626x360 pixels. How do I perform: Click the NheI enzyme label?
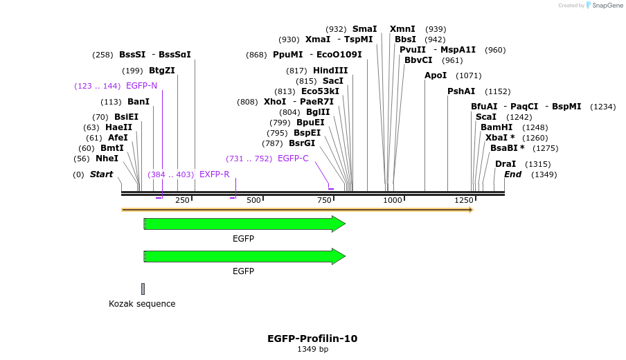107,159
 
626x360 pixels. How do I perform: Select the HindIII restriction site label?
330,71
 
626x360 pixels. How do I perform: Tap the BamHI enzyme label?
497,127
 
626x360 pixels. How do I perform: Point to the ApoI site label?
436,75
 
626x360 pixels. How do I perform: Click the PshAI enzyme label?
461,91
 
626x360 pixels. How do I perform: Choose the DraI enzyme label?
506,164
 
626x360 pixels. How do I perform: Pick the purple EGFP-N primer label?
141,86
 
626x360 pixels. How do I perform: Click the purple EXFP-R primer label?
214,174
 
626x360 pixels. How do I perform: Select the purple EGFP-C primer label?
293,159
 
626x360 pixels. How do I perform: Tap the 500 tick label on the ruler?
254,201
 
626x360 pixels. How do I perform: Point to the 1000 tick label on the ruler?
393,201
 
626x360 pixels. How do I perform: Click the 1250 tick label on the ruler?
463,201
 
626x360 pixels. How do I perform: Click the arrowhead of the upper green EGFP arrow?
339,224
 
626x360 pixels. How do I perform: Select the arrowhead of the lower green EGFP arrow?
339,256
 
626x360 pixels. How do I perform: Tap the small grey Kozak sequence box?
143,289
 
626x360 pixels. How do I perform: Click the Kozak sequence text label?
142,304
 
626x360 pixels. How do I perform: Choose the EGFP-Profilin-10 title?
312,339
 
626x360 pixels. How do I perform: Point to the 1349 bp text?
312,350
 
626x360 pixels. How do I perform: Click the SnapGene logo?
605,6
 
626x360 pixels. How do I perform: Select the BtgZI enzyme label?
161,71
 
